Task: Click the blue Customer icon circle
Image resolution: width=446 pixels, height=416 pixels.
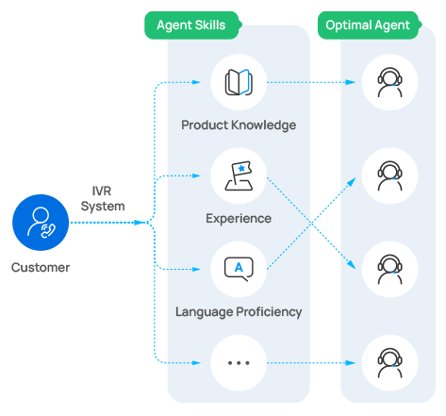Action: [40, 224]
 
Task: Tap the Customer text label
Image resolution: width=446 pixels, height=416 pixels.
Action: [41, 268]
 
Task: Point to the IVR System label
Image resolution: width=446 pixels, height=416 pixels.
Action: [101, 199]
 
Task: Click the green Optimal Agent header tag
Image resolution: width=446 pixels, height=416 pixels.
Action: [368, 25]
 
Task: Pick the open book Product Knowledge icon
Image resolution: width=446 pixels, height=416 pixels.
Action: [238, 82]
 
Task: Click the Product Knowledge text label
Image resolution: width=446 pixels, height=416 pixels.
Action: [239, 125]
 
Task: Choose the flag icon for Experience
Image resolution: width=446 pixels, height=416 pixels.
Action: [238, 175]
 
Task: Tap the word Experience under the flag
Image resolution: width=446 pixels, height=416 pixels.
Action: [239, 219]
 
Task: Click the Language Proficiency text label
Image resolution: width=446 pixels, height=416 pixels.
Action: [239, 311]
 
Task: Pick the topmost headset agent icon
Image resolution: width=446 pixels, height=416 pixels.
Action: [389, 82]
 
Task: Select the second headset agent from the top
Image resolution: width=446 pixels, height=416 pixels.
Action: [389, 175]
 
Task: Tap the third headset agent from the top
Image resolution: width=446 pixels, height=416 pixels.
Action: [389, 269]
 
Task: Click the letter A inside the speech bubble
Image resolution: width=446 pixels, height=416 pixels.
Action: [238, 267]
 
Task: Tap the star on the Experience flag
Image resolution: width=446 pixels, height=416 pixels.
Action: [241, 169]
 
